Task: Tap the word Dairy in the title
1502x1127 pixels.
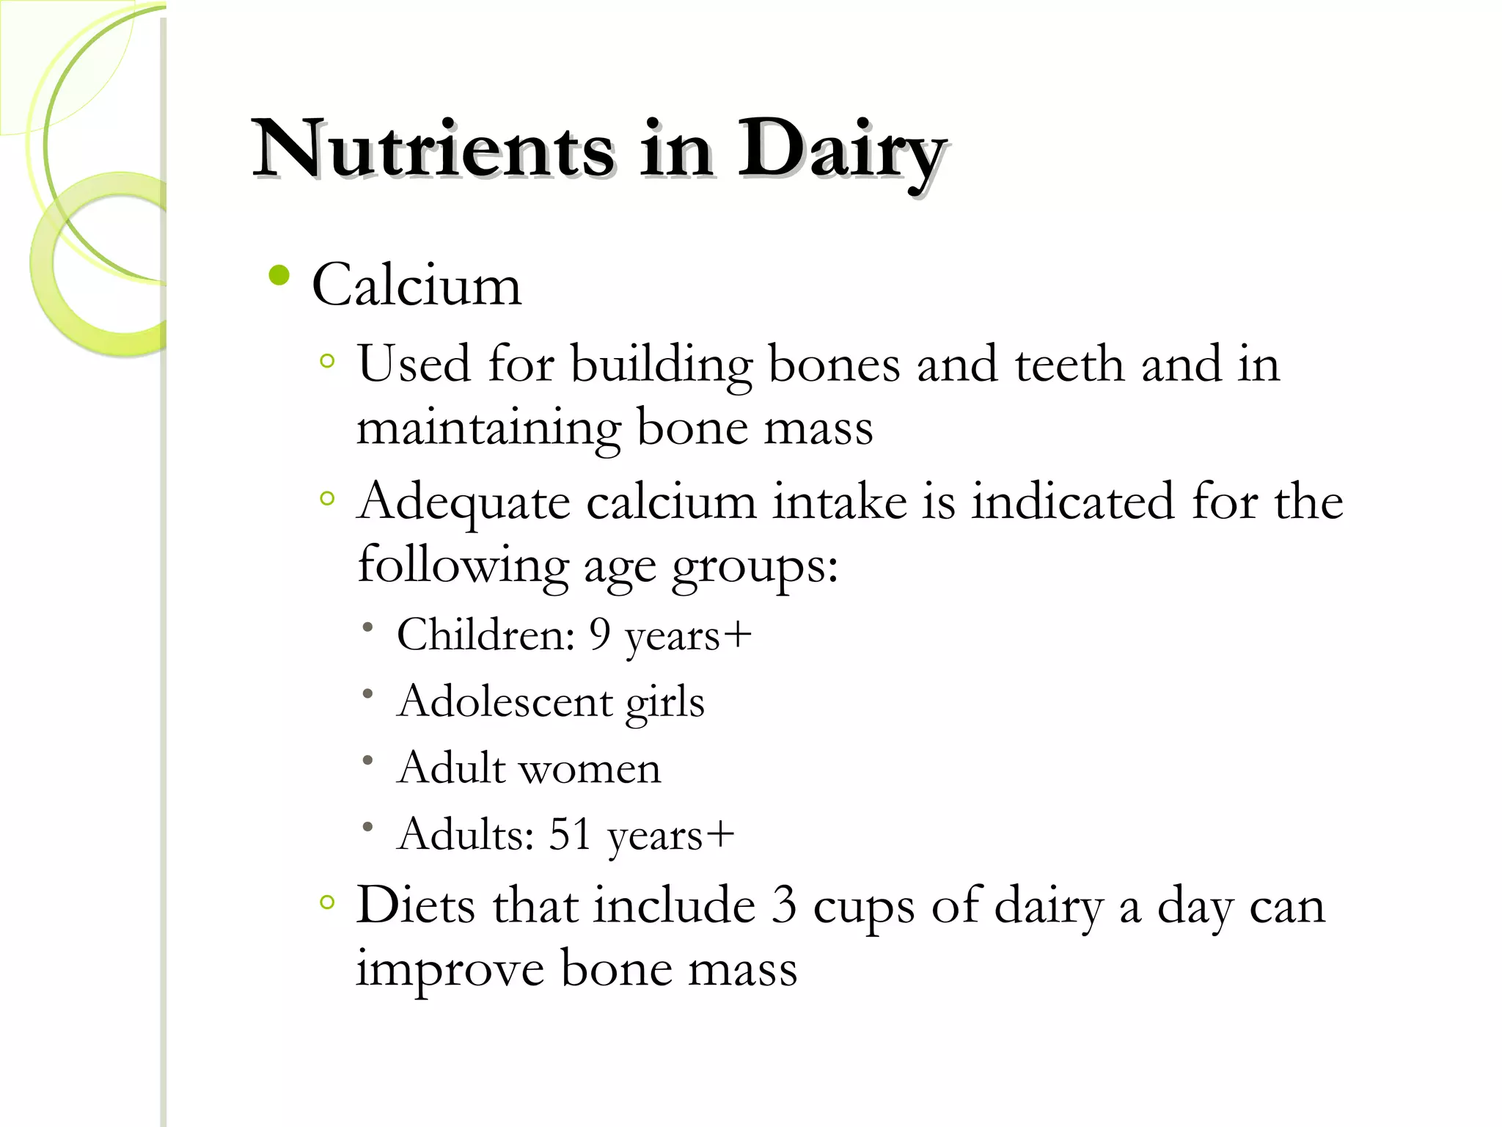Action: tap(840, 150)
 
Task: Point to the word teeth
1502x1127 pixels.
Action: tap(1069, 364)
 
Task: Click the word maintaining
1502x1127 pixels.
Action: tap(488, 428)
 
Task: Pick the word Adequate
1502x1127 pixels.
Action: tap(464, 504)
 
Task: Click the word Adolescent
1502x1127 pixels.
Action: tap(504, 701)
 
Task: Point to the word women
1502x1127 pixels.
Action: tap(590, 769)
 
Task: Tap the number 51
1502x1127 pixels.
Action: tap(570, 834)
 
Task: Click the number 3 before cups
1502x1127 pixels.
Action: tap(783, 905)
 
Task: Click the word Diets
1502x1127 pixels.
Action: tap(416, 905)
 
